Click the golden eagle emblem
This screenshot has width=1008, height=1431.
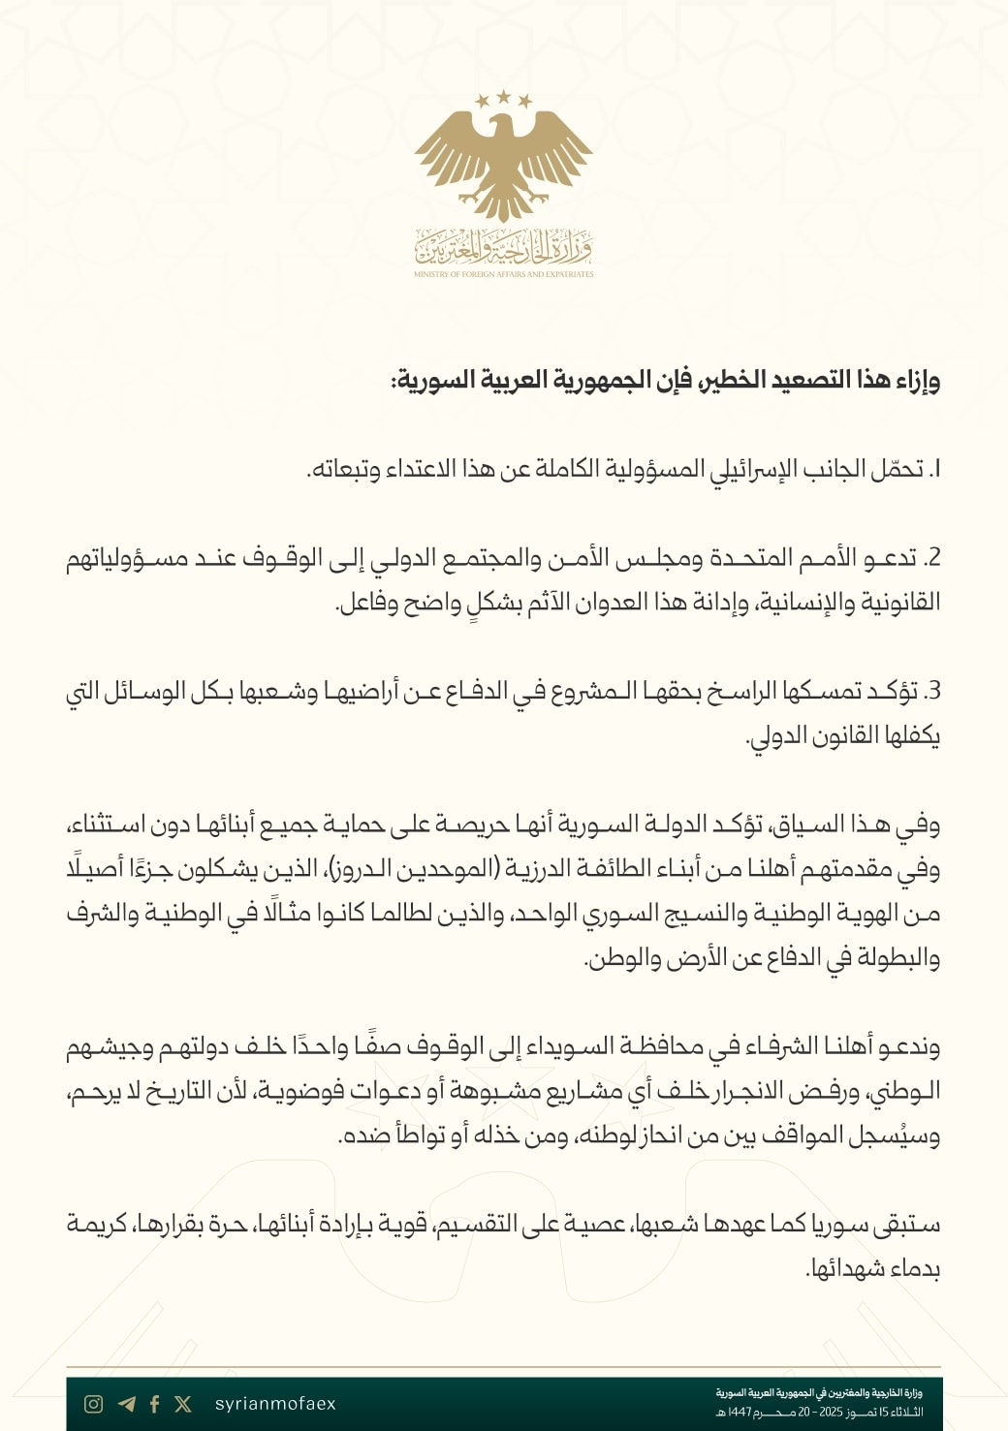[503, 160]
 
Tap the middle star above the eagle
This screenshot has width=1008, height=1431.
[504, 96]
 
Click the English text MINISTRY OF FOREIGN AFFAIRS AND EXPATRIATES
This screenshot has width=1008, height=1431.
[503, 274]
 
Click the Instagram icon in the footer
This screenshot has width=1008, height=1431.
[94, 1404]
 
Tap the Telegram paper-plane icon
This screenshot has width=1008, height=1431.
[126, 1404]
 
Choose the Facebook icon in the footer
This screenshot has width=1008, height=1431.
[155, 1404]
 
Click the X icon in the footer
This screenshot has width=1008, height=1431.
[183, 1404]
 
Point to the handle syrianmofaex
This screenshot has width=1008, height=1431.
[275, 1404]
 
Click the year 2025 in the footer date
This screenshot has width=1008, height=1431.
[832, 1413]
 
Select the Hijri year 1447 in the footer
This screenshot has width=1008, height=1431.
[740, 1413]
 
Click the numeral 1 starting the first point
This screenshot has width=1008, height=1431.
[935, 470]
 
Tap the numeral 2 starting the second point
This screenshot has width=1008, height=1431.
[932, 559]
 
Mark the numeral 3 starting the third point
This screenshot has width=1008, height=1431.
[932, 692]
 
